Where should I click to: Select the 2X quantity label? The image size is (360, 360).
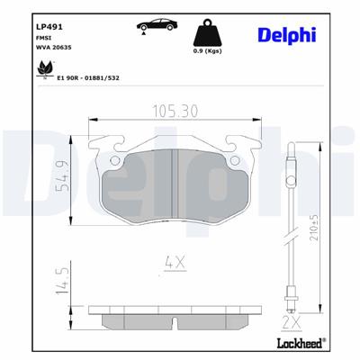click(291, 321)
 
